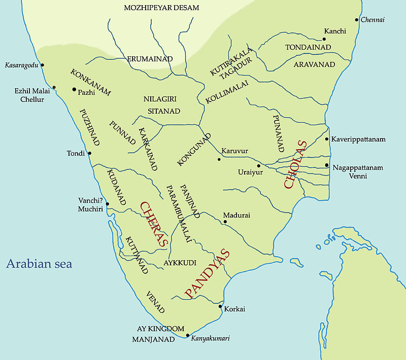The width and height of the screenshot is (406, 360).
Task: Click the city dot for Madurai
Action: pos(224,222)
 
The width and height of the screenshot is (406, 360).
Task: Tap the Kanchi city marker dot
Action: pos(325,39)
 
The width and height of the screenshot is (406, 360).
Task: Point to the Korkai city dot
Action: pos(220,306)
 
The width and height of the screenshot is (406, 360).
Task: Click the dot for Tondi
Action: pos(90,153)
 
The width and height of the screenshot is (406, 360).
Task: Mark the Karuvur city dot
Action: pos(219,159)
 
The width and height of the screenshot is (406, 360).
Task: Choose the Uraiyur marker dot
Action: pos(258,165)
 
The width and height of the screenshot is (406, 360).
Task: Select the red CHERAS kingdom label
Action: pos(153,224)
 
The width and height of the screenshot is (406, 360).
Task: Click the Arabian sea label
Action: pos(39,264)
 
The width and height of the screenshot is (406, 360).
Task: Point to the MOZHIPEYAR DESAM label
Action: pos(161,8)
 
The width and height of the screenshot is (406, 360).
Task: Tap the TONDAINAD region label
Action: pos(308,47)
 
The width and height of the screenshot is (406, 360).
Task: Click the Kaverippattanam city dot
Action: pos(326,139)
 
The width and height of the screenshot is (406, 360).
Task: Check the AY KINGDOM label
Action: pos(160,329)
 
